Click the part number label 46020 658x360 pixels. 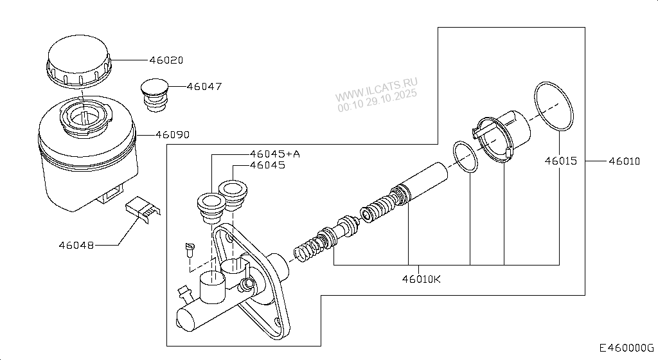[166, 60]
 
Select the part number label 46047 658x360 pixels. [204, 85]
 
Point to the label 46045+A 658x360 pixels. [275, 154]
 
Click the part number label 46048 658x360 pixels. [76, 245]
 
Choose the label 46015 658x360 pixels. [562, 161]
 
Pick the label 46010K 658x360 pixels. [422, 279]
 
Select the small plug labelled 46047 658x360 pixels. [154, 94]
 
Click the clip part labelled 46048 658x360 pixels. [141, 210]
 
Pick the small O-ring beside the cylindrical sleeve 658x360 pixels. [465, 157]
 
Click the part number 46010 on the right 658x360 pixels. [624, 161]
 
